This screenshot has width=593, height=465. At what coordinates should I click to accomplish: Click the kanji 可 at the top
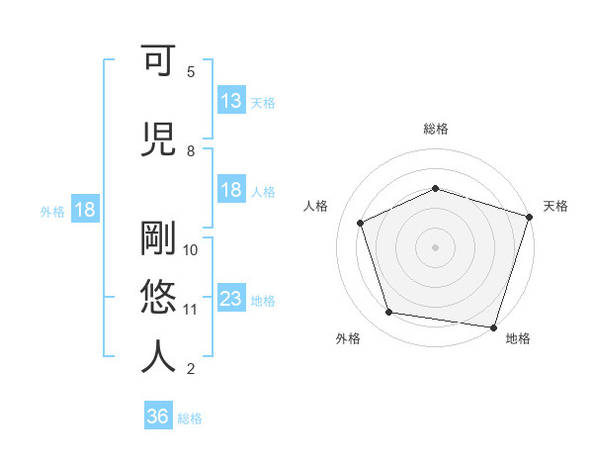click(x=159, y=63)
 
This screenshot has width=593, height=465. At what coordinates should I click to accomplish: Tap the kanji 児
click(x=159, y=139)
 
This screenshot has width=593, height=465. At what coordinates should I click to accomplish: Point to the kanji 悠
click(x=159, y=296)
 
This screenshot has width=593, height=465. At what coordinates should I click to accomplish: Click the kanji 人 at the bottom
click(x=159, y=356)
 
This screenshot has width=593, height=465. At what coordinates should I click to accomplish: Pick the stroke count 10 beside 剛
click(x=192, y=249)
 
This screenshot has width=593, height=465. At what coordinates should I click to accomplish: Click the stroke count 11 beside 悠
click(x=192, y=310)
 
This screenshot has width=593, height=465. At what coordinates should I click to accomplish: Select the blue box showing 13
click(x=231, y=101)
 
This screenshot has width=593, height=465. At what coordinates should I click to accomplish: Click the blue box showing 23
click(x=231, y=299)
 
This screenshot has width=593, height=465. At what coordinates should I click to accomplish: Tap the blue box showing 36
click(x=158, y=417)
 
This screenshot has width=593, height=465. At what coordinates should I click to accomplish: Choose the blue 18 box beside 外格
click(x=84, y=210)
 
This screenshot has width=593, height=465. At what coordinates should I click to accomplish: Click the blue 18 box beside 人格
click(x=231, y=190)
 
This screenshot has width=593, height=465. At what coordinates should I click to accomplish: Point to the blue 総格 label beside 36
click(x=191, y=418)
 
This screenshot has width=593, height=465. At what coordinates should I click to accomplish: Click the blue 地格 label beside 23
click(x=263, y=301)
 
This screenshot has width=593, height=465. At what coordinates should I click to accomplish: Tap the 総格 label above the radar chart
click(x=435, y=129)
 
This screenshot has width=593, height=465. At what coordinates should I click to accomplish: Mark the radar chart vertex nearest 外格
click(x=389, y=313)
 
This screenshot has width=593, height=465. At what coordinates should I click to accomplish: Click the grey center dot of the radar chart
click(x=435, y=247)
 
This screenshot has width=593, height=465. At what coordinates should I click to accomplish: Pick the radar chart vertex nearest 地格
click(x=493, y=326)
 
